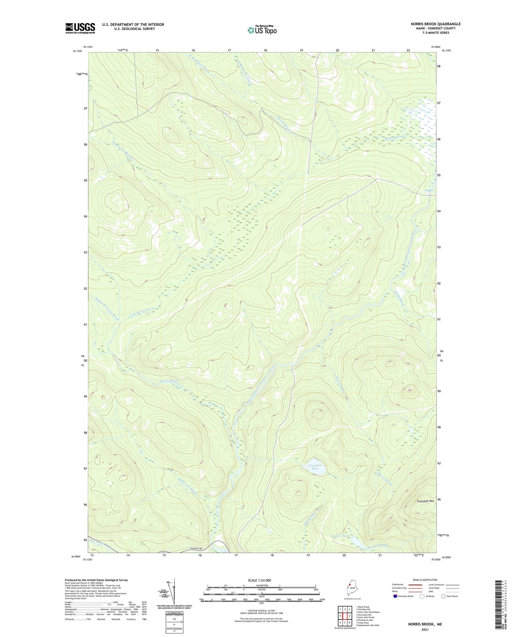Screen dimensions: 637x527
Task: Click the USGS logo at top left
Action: click(80, 28)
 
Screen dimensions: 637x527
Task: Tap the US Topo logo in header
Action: click(262, 30)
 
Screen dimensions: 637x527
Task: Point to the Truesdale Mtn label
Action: click(425, 501)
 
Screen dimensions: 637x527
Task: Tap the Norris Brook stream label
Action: click(169, 381)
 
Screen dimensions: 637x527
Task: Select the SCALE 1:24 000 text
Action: click(261, 580)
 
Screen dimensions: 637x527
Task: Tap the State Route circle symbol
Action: click(443, 596)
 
